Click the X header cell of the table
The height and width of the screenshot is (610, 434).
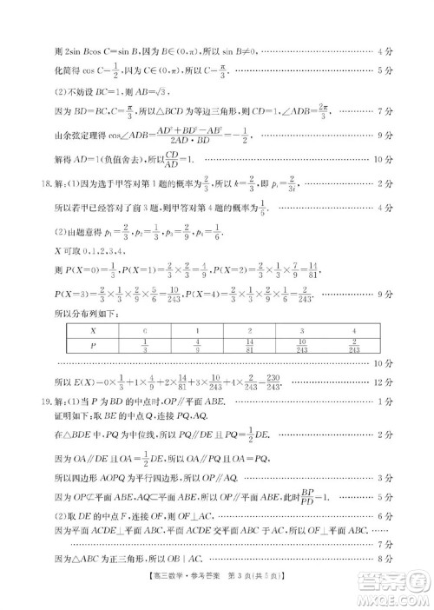tap(93, 330)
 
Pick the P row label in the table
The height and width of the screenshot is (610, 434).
tap(93, 347)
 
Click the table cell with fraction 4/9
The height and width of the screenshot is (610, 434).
tap(198, 347)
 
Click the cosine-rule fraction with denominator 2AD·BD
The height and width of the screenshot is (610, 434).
tap(164, 136)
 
